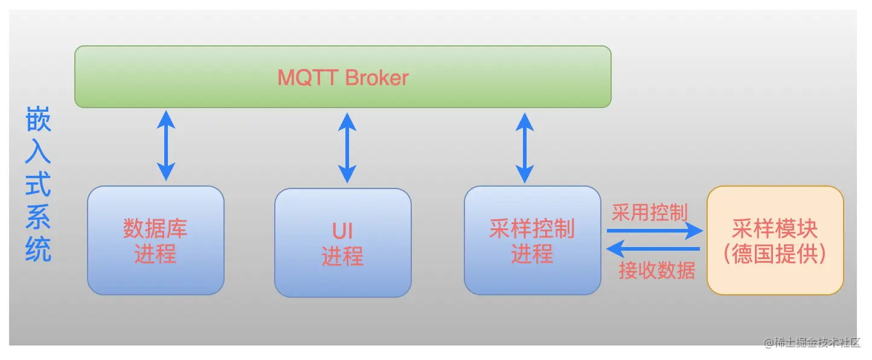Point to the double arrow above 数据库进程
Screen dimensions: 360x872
pos(165,146)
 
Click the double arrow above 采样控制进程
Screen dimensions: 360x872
pos(524,147)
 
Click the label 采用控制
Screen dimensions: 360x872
pos(650,213)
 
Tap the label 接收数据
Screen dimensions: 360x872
pos(657,270)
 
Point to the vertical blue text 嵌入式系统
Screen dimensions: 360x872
pos(38,184)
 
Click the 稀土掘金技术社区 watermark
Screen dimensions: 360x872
pos(812,342)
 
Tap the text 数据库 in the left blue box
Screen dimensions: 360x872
pos(155,229)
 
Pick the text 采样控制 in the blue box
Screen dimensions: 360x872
pos(532,230)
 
